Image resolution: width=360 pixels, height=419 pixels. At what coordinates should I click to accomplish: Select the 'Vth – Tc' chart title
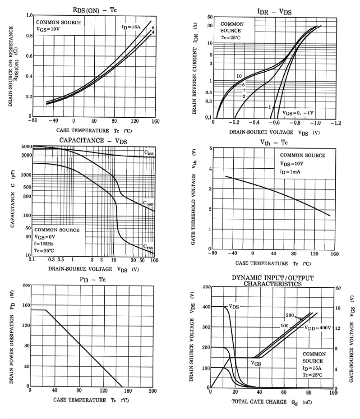coord(274,143)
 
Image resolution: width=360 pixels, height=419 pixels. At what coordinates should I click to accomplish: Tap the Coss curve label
coord(148,204)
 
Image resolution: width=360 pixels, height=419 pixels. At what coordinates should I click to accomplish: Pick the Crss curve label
coord(148,247)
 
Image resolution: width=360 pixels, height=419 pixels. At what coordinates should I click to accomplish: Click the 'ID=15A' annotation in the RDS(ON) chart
coord(131,28)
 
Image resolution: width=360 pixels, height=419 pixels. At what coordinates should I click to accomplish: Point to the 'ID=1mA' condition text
coord(293,172)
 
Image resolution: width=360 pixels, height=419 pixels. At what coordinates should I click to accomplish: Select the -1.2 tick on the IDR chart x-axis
coord(335,123)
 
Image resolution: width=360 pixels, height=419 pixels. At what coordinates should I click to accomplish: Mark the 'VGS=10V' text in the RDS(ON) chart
coord(47,29)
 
